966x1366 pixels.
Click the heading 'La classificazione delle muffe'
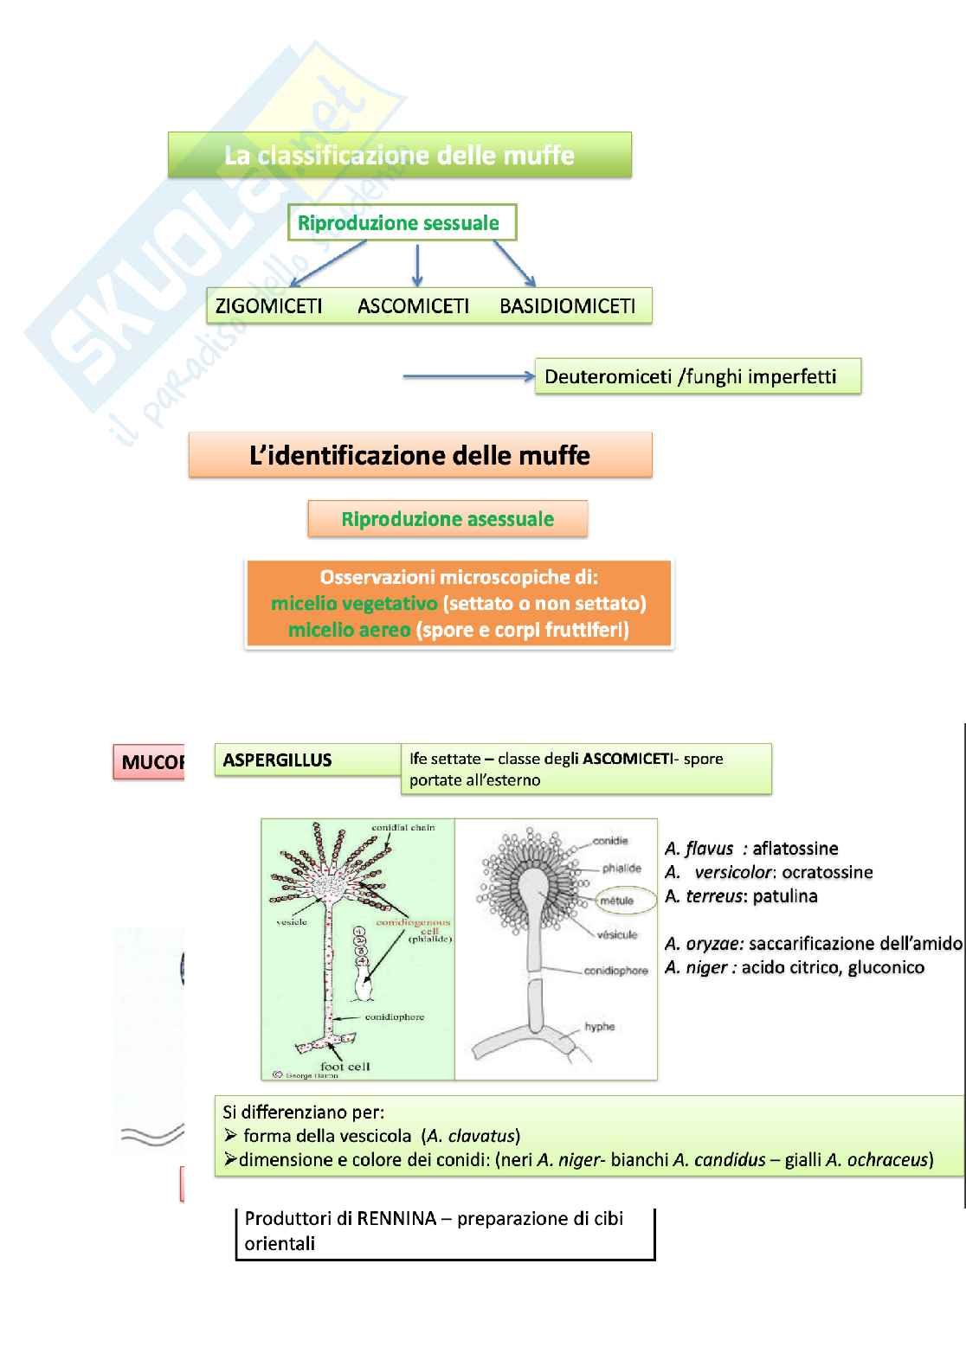(399, 156)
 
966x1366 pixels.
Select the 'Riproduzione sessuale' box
(401, 222)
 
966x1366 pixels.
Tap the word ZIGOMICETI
(268, 305)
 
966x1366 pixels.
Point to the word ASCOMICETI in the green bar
(413, 305)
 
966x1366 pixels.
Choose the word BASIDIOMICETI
(567, 305)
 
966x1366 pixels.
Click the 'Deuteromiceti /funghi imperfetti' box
(697, 376)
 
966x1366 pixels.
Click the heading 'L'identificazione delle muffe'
(420, 455)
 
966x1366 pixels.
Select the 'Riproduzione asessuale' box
(448, 519)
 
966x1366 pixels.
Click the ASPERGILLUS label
(277, 760)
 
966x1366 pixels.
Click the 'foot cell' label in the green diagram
(345, 1066)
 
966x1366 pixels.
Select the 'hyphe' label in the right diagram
(599, 1027)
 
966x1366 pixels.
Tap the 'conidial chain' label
(402, 828)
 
